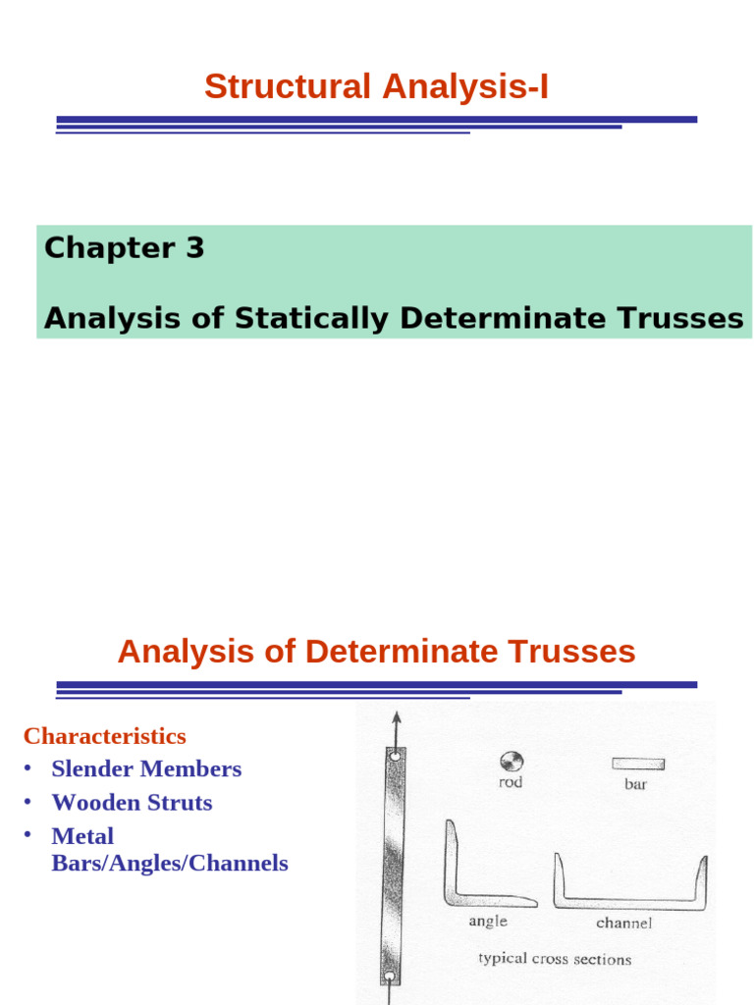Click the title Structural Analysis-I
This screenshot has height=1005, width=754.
pos(376,86)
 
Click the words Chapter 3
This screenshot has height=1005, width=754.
pos(124,248)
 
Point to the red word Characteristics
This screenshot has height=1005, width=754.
pos(104,736)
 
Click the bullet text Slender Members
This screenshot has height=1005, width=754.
pos(146,768)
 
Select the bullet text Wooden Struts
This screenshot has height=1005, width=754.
pos(132,802)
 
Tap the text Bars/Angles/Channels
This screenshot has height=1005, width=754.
pos(170,864)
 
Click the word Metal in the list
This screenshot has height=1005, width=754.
pos(82,836)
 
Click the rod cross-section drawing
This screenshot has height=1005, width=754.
pos(512,761)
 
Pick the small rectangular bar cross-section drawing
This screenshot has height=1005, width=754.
pos(637,763)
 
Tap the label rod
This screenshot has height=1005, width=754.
pos(511,783)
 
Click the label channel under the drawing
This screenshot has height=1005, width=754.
pos(623,924)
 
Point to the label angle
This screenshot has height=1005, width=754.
pos(488,921)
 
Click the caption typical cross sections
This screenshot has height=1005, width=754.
pos(554,959)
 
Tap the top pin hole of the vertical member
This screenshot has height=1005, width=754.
pos(395,757)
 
